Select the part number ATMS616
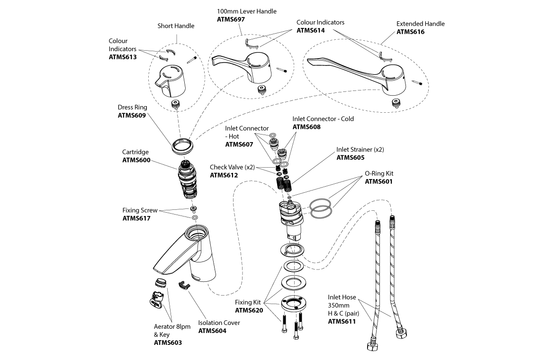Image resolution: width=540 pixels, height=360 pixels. [410, 32]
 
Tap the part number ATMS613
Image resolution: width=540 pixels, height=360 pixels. [122, 57]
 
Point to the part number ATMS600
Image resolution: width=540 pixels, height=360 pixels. [136, 161]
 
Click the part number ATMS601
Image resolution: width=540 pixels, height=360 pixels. [379, 181]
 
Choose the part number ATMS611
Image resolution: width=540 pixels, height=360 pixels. [342, 321]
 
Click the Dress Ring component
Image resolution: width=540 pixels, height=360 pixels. [182, 145]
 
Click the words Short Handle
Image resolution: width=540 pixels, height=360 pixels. [176, 26]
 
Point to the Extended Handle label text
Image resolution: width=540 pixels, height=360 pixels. [420, 24]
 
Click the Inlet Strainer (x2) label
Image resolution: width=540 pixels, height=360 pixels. [360, 149]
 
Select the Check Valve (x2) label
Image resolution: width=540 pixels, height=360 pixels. [232, 167]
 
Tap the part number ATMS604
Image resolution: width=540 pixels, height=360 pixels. [212, 331]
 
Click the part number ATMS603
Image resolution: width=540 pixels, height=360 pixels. [168, 342]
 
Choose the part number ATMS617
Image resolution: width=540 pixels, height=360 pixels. [136, 218]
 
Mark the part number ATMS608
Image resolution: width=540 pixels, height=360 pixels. [306, 127]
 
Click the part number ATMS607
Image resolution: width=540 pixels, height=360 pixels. [239, 144]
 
